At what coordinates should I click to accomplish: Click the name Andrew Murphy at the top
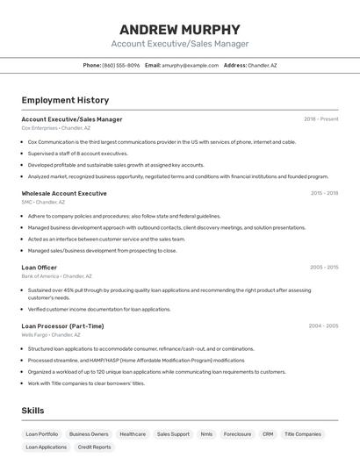[179, 29]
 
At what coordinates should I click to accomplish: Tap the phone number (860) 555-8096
[121, 65]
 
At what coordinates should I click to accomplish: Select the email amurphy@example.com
[191, 65]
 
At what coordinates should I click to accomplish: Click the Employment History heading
[65, 100]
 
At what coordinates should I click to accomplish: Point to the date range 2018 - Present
[320, 119]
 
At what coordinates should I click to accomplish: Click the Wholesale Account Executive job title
[64, 193]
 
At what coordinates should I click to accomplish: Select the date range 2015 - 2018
[324, 193]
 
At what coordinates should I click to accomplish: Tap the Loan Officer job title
[40, 268]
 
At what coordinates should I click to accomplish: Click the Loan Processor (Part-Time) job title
[62, 325]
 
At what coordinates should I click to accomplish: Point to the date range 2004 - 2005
[323, 325]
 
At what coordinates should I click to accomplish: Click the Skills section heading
[32, 411]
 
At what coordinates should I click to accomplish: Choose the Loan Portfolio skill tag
[42, 433]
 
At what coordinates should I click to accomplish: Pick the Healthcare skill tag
[133, 433]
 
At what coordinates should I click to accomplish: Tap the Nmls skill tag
[206, 433]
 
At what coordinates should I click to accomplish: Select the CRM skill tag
[268, 433]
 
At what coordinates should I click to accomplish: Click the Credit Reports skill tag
[95, 447]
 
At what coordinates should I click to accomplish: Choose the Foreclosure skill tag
[237, 433]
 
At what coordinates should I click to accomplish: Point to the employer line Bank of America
[56, 276]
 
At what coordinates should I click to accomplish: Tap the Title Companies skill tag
[303, 433]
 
